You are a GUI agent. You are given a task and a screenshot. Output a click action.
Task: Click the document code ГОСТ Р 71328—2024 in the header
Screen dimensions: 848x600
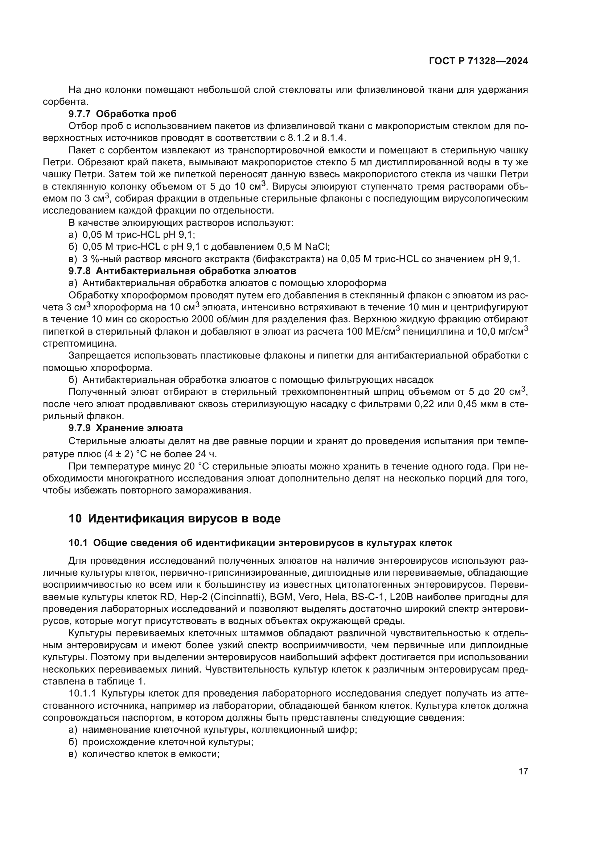click(x=478, y=61)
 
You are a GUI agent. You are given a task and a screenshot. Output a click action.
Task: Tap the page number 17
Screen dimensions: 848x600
click(x=523, y=772)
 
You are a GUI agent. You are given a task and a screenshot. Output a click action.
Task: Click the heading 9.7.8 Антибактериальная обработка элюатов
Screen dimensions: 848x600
click(x=182, y=271)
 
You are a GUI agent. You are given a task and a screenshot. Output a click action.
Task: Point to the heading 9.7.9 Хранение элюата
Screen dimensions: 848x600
click(x=126, y=428)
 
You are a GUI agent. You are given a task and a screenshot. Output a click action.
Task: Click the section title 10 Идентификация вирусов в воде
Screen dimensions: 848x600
click(x=174, y=519)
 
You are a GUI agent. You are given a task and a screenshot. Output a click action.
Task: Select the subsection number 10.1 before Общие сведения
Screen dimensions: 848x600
click(x=78, y=543)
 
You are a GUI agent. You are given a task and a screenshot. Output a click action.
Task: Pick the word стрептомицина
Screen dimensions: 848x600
click(x=79, y=343)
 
